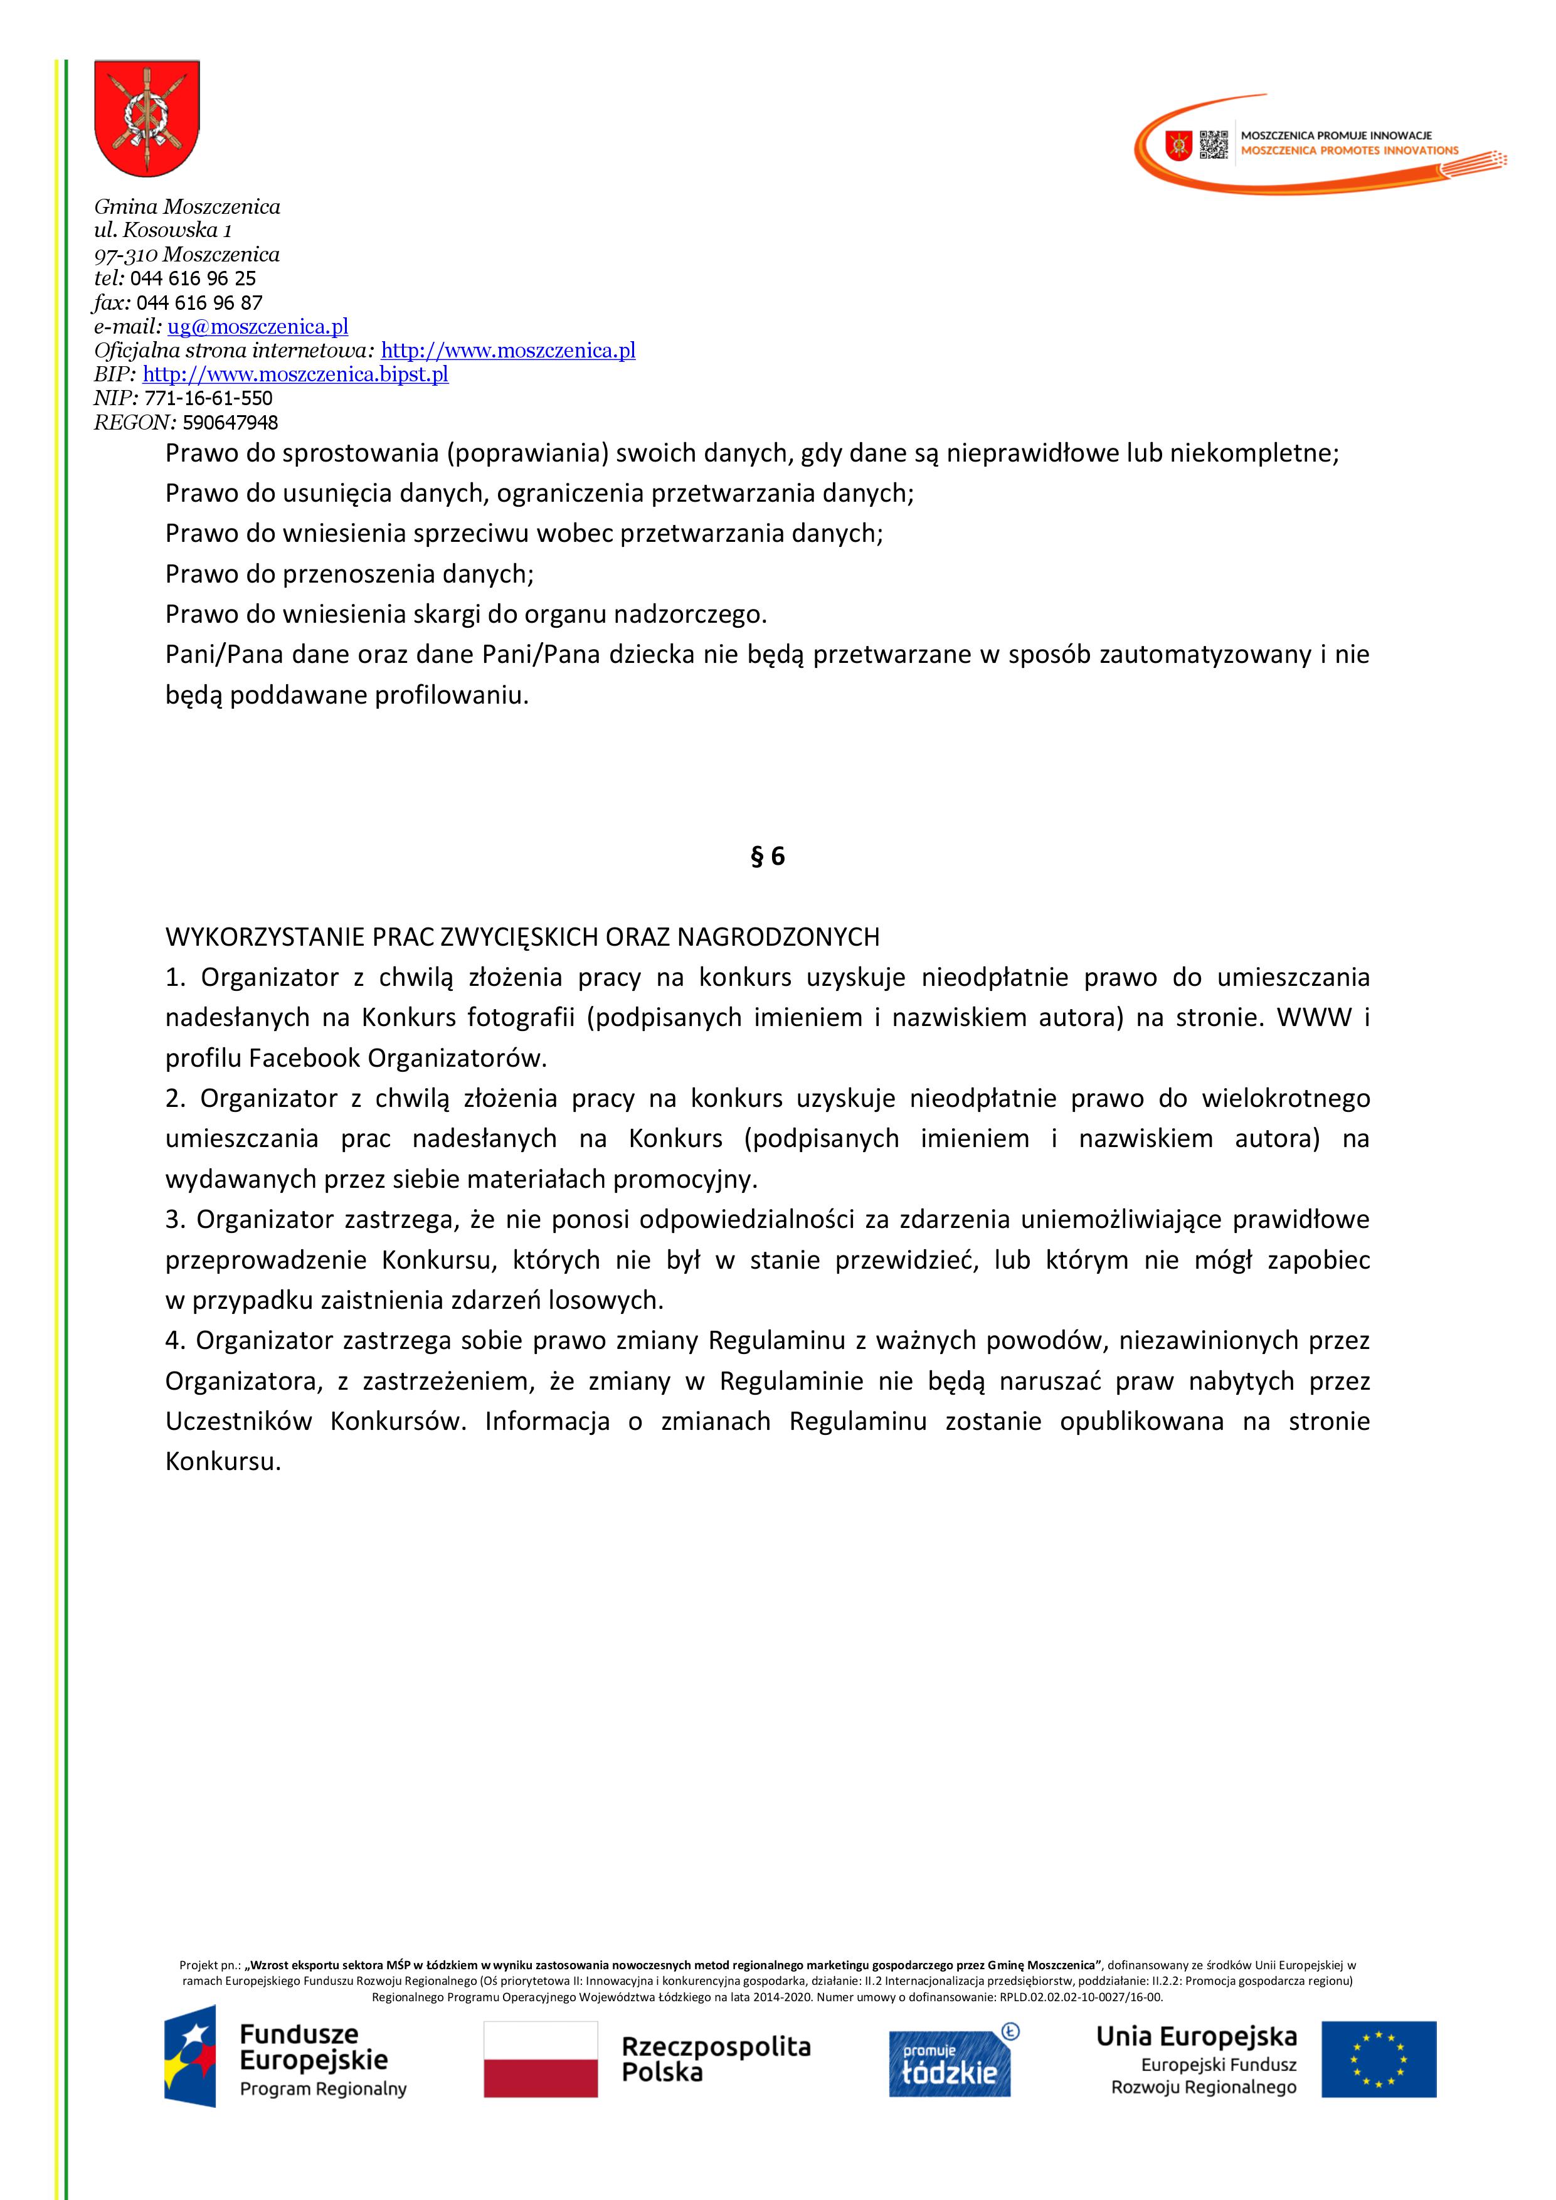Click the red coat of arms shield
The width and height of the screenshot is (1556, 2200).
click(147, 118)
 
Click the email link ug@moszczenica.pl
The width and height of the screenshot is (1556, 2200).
click(258, 327)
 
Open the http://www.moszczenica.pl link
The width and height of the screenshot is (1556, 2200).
click(508, 351)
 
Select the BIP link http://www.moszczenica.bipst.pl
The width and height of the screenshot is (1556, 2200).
click(295, 374)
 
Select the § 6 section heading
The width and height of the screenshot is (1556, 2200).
click(768, 857)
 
